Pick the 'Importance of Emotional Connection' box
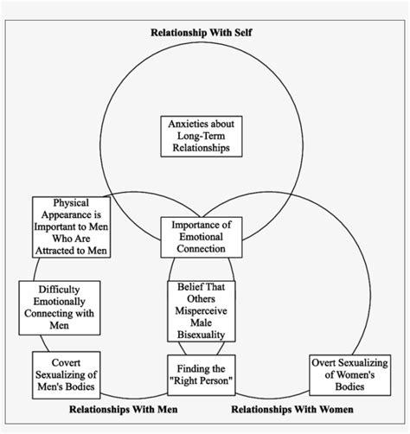click(205, 237)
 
